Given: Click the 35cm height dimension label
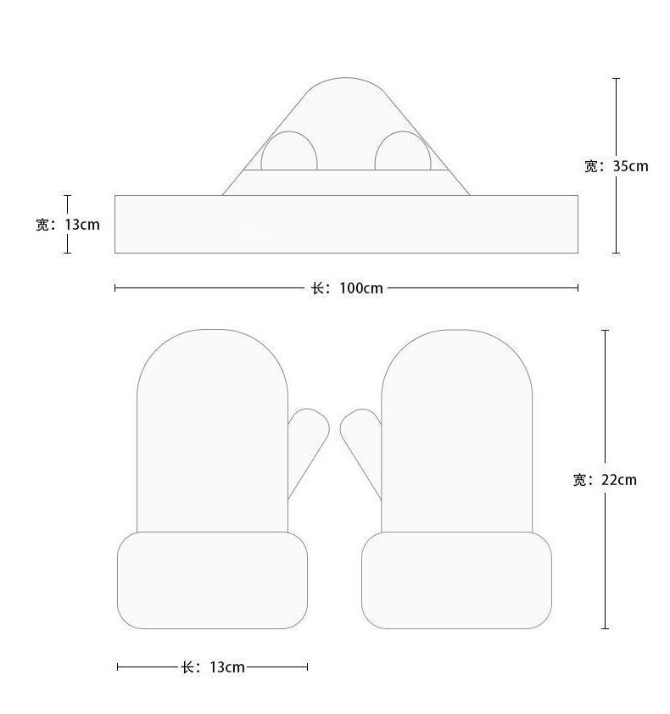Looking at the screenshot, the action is pyautogui.click(x=617, y=166).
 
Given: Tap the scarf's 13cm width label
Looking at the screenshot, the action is pyautogui.click(x=67, y=225).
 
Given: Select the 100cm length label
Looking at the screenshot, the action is pyautogui.click(x=347, y=288).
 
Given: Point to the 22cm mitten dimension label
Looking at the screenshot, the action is pyautogui.click(x=605, y=480).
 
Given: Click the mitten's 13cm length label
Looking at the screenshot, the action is pyautogui.click(x=213, y=667).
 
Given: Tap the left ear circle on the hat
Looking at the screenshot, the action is pyautogui.click(x=288, y=151).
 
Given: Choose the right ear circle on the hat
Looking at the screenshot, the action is pyautogui.click(x=403, y=151).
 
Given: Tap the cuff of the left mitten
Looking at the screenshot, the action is pyautogui.click(x=212, y=580).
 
